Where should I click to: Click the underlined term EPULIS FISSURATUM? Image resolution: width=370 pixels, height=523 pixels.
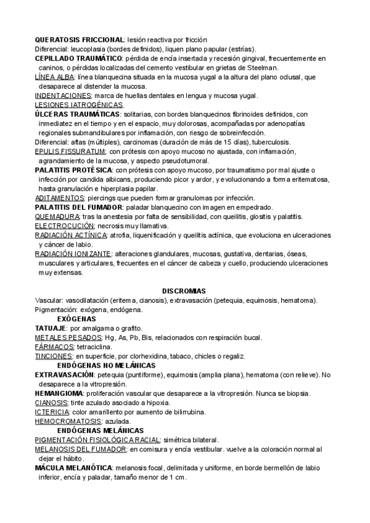[70, 151]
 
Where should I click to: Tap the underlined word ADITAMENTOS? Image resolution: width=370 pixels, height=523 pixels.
[59, 197]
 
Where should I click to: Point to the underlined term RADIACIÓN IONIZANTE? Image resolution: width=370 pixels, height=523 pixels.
[73, 253]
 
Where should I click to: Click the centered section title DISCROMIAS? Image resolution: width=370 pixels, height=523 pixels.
[184, 290]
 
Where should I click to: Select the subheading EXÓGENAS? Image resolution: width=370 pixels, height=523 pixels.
[76, 318]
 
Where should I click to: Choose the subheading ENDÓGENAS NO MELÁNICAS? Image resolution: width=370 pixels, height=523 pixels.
[105, 365]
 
